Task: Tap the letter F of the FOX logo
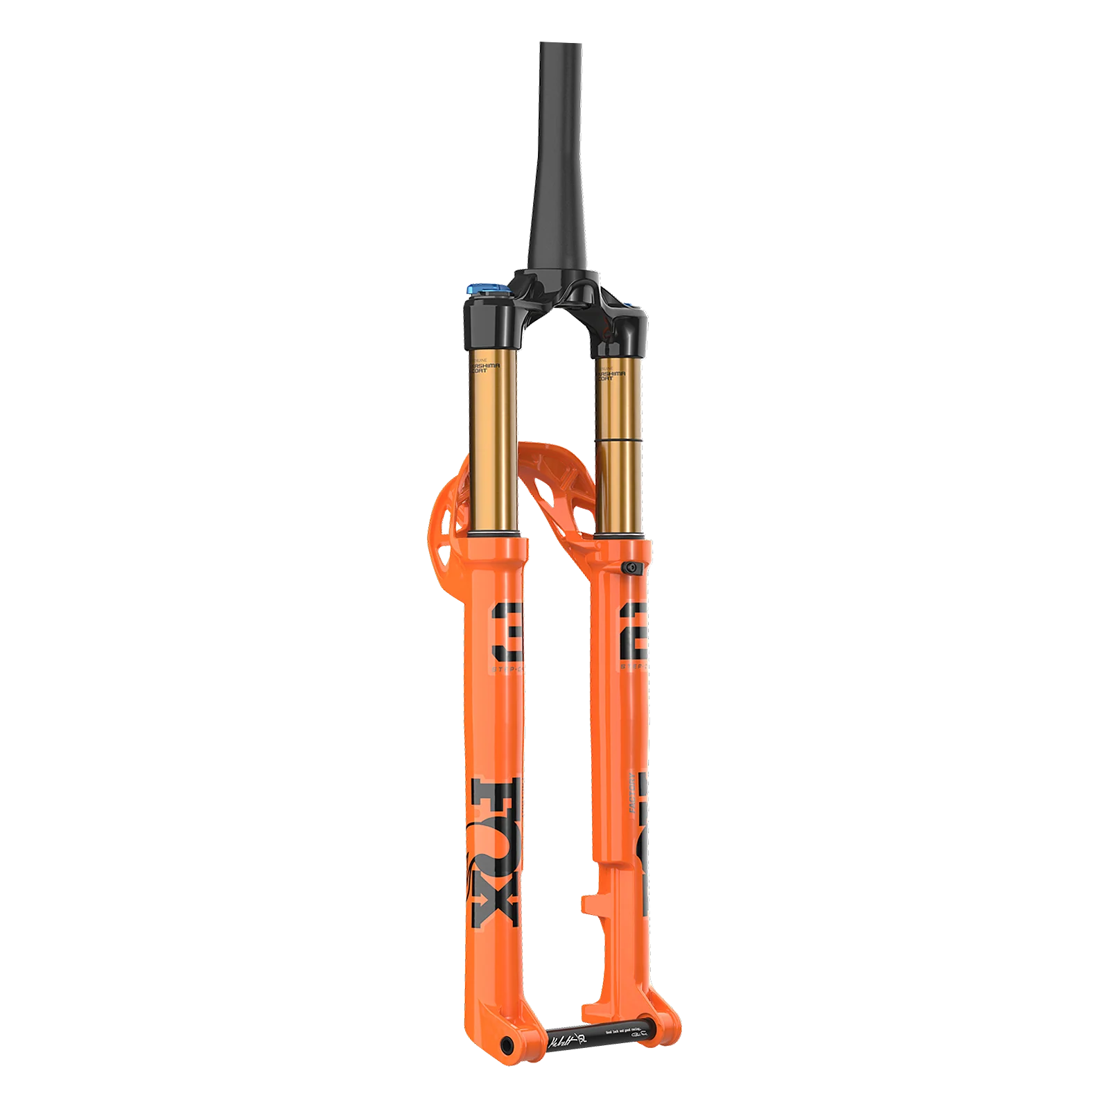coord(494,794)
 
